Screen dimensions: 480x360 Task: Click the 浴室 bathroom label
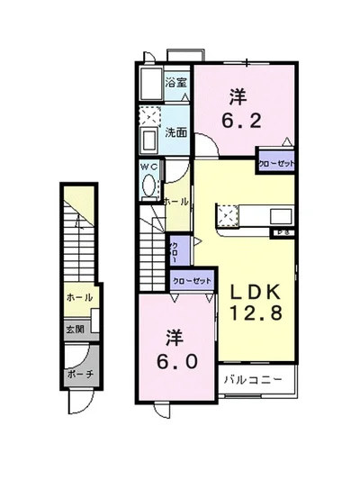point(175,83)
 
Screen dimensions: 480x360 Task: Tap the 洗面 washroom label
point(175,132)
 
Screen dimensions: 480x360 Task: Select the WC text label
point(149,167)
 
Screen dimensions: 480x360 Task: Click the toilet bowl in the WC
point(149,185)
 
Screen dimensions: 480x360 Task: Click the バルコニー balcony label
point(254,379)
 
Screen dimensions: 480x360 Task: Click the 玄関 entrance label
point(74,330)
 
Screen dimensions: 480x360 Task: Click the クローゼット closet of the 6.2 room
point(275,163)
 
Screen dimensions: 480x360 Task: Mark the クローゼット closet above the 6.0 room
point(193,280)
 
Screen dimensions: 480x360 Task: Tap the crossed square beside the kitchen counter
point(226,216)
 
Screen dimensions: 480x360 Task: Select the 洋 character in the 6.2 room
point(238,95)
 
